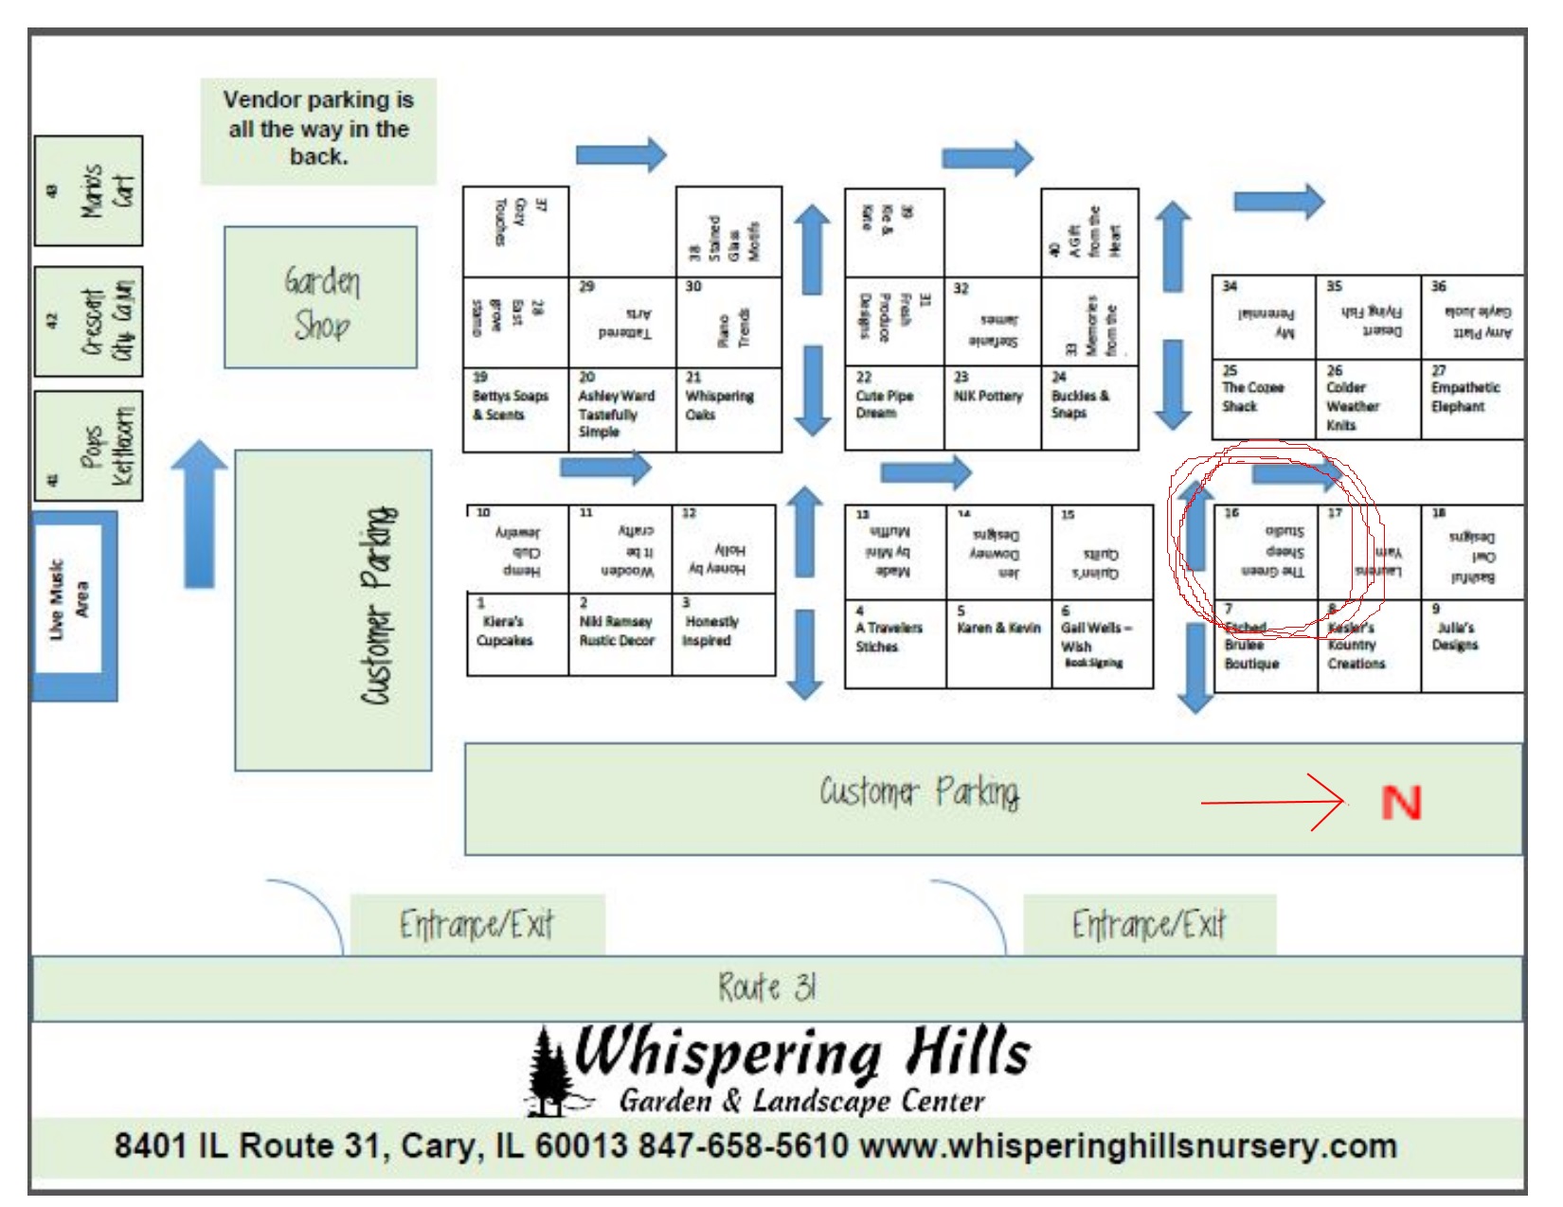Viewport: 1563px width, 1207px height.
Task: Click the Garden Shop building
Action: pos(320,297)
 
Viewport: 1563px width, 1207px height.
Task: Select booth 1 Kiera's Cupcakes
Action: pos(516,633)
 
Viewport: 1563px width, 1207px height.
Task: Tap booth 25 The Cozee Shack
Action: pos(1263,399)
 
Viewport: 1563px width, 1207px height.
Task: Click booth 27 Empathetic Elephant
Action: pos(1471,399)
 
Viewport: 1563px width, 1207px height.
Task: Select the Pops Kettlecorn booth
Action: pos(89,445)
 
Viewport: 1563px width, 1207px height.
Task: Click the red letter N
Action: pos(1401,803)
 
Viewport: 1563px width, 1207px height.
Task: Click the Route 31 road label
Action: pos(766,988)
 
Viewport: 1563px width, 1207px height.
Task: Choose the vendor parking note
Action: pos(318,130)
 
